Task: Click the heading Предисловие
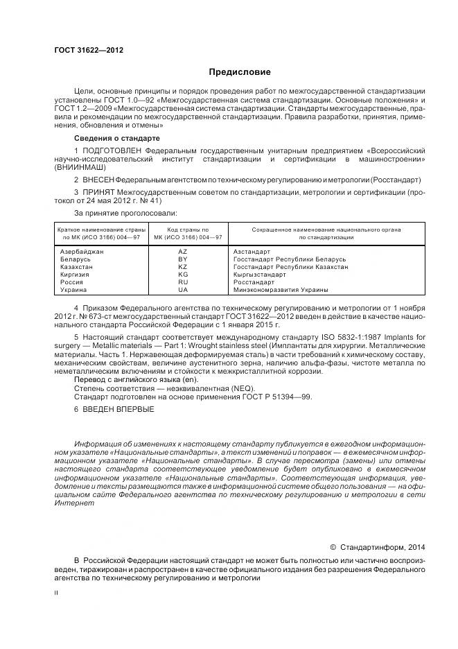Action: [x=240, y=72]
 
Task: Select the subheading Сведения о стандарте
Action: [x=112, y=139]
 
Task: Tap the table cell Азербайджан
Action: [x=82, y=251]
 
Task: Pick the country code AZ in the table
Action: [x=183, y=251]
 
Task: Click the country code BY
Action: [x=183, y=259]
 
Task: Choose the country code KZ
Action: [x=183, y=266]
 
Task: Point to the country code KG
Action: [x=183, y=275]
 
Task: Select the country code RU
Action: [x=183, y=282]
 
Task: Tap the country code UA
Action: [x=183, y=290]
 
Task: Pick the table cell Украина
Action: [x=74, y=290]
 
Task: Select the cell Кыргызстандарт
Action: [x=260, y=275]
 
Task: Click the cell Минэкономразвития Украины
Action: [x=281, y=290]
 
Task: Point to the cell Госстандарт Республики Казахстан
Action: [x=290, y=266]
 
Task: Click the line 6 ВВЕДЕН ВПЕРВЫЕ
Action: [x=114, y=409]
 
